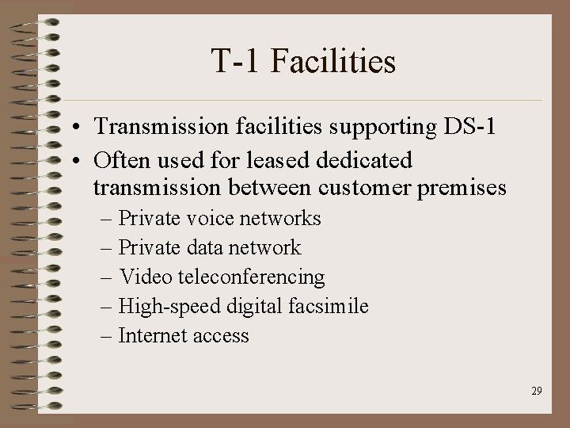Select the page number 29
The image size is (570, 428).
537,391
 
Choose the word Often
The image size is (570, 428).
120,160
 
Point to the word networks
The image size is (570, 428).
281,218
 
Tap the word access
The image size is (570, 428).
222,336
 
